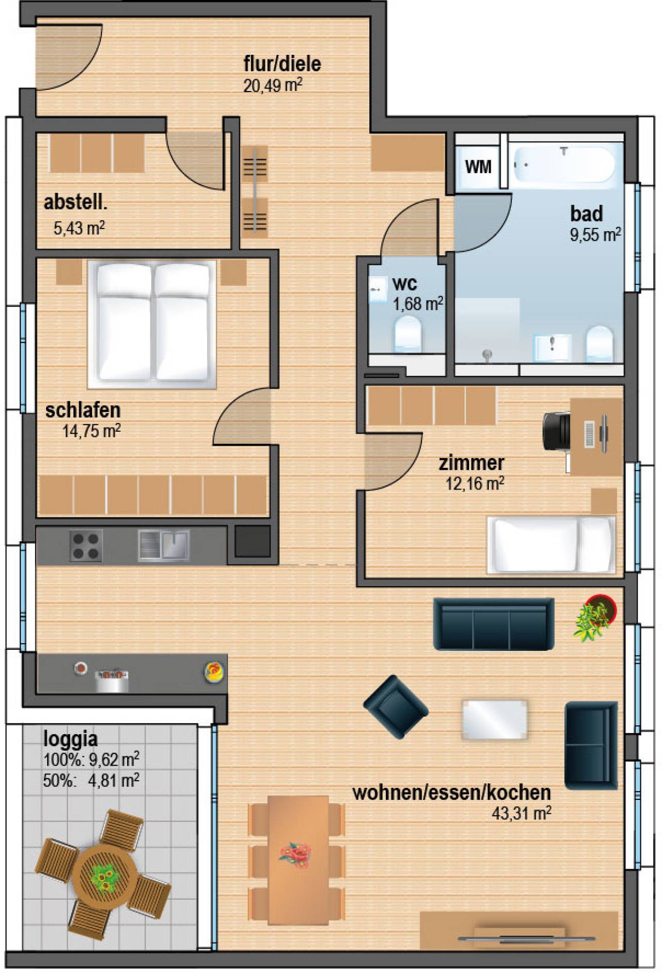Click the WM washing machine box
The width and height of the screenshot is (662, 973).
pos(478,166)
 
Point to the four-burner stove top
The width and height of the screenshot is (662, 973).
pos(86,546)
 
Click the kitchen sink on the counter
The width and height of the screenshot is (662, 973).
pos(163,546)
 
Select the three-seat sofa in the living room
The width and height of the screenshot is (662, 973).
pos(493,624)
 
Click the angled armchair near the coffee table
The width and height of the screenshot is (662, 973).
pos(396,707)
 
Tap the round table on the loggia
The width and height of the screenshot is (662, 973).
pos(105,876)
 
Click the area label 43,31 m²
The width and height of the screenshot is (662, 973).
pos(521,813)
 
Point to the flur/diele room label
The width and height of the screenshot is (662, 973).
pos(282,64)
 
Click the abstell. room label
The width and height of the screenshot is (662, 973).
pos(76,202)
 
